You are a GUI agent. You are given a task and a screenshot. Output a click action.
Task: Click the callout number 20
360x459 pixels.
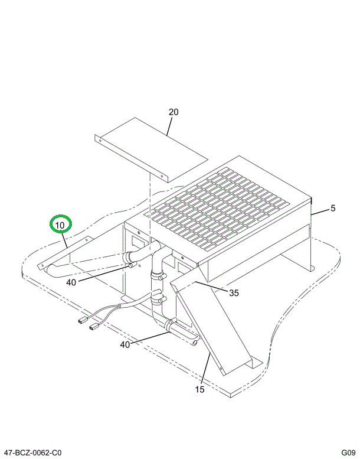[173, 112]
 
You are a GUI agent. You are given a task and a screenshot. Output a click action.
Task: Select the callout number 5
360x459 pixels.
[333, 208]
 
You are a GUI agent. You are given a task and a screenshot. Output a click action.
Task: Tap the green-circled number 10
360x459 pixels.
[60, 225]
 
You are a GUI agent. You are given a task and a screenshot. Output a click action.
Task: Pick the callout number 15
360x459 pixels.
[199, 389]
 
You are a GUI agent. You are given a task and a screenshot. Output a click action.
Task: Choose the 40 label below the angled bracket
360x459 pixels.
[71, 282]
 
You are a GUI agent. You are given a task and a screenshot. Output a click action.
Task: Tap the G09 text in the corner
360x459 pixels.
[347, 453]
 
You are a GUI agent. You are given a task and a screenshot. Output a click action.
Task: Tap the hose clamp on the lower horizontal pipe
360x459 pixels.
[171, 324]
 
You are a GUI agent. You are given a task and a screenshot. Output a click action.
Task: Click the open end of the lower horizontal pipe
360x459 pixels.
[195, 340]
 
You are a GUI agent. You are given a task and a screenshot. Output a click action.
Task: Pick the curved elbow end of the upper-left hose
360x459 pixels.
[52, 270]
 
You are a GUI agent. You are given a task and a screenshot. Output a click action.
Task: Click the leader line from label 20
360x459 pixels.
[170, 126]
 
